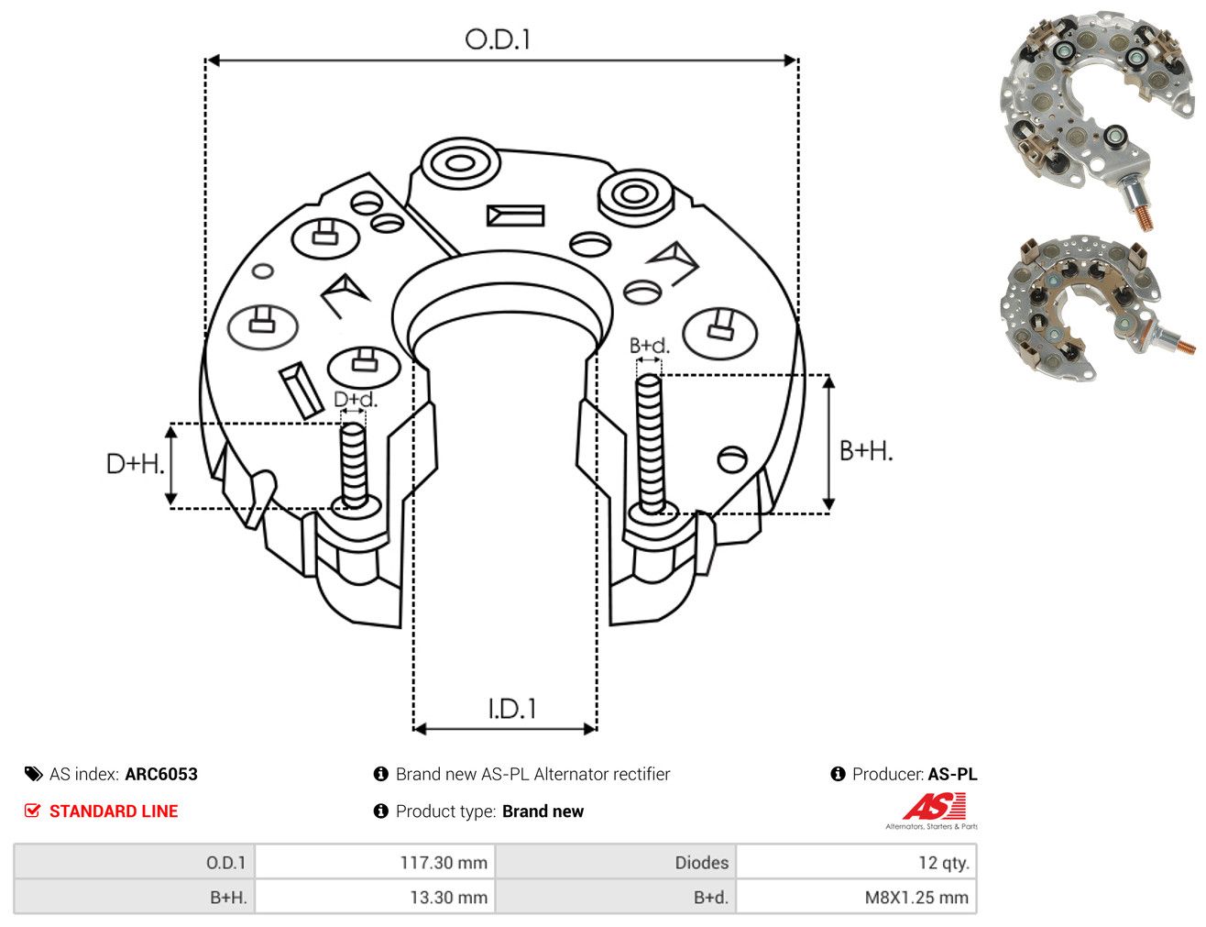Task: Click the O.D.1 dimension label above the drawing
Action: click(498, 39)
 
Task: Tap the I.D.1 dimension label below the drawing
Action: click(511, 709)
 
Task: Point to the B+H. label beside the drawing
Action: click(866, 451)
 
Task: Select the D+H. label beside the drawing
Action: click(136, 464)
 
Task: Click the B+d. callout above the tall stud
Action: click(650, 346)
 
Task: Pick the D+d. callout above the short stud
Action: click(356, 399)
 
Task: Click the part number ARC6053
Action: click(161, 774)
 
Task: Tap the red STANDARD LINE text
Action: click(114, 811)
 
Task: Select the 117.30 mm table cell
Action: click(375, 862)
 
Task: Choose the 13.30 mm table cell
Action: click(375, 897)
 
